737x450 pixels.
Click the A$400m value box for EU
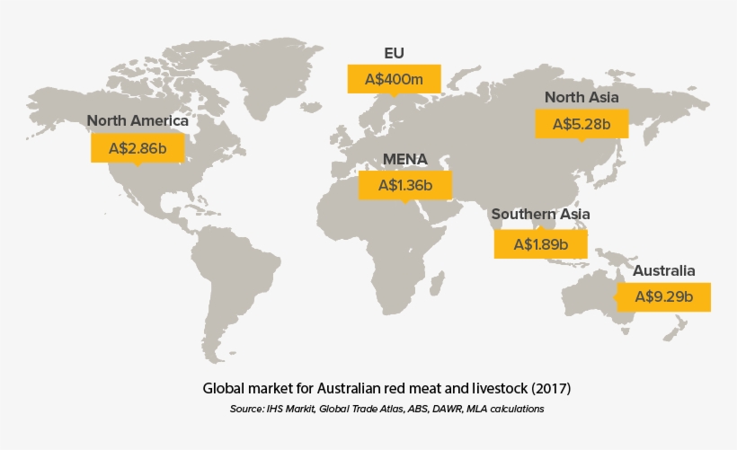coord(394,79)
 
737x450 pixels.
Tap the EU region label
coord(395,52)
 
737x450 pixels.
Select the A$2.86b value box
coord(138,148)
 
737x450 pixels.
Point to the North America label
coord(138,120)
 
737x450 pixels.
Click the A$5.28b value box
coord(582,123)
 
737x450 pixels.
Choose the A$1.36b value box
coord(404,186)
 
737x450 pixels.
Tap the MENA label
coord(405,160)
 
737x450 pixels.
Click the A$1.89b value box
coord(541,243)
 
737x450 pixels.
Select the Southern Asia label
coord(540,215)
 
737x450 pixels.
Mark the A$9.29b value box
coord(663,296)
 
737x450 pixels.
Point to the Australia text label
coord(664,269)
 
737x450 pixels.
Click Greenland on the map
coord(261,76)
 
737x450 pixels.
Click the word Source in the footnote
coord(246,409)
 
